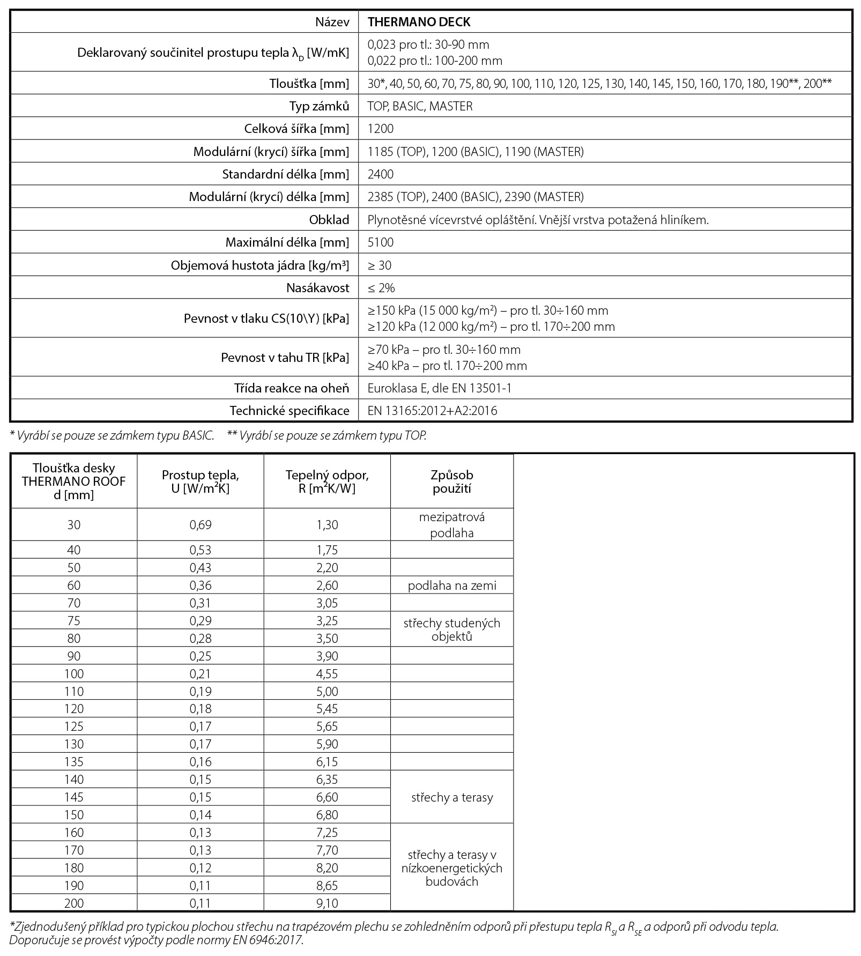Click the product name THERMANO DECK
coord(419,22)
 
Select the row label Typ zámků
coord(319,106)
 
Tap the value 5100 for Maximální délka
coord(381,242)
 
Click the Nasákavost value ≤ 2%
coord(381,288)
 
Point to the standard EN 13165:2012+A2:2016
coord(432,411)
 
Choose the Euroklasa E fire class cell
coord(439,388)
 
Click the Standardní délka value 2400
coord(381,174)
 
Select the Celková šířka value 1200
coord(381,129)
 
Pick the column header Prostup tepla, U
coord(201,481)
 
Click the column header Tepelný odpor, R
coord(327,481)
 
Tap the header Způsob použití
coord(452,481)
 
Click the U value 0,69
coord(201,525)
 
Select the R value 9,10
coord(327,903)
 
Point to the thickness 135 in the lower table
coord(74,762)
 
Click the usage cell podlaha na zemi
coord(452,586)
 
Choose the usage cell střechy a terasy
coord(452,797)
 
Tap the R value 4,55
coord(327,674)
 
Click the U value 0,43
coord(201,568)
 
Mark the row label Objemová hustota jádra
coord(260,265)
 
